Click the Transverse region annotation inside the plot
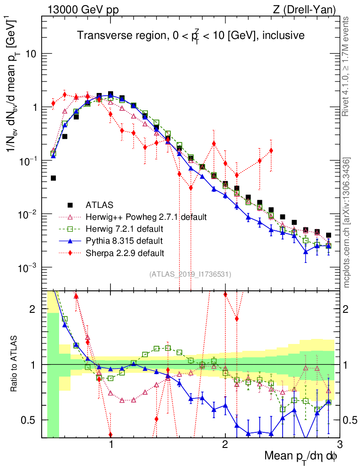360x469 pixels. tap(191, 35)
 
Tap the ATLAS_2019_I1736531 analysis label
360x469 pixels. tap(190, 274)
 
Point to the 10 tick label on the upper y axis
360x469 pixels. tap(30, 54)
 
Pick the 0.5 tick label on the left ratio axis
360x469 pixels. tap(28, 420)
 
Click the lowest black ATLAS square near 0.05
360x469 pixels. tap(53, 178)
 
